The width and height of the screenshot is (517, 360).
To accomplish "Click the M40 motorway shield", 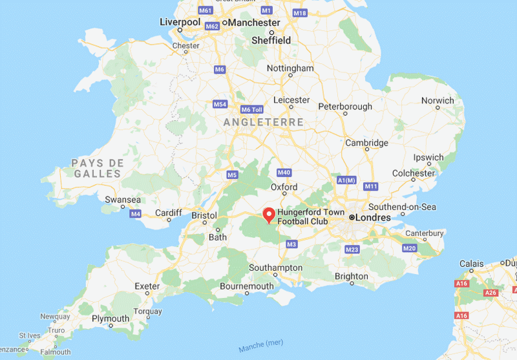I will (x=284, y=173).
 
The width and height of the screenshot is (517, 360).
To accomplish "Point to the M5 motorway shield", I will (x=233, y=175).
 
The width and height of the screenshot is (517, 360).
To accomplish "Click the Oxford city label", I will (x=284, y=187).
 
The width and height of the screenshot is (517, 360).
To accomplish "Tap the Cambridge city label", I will (x=366, y=143).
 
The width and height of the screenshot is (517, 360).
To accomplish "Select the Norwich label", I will (x=438, y=101).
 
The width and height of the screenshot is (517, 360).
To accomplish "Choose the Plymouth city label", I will (x=111, y=319).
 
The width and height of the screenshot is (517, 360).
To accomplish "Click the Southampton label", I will (x=276, y=268).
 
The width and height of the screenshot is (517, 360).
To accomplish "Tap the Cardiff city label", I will (x=169, y=213).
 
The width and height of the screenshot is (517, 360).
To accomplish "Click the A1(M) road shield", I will (x=347, y=180).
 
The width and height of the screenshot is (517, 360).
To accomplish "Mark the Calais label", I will (x=471, y=264).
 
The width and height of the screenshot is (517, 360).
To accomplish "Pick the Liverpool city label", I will (x=180, y=22).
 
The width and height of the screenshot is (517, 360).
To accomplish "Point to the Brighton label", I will (x=352, y=276).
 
